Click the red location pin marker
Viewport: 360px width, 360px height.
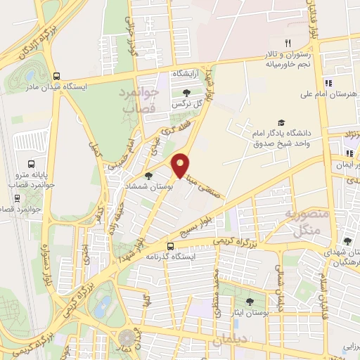pyautogui.click(x=181, y=165)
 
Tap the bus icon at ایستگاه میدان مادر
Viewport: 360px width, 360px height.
pyautogui.click(x=56, y=77)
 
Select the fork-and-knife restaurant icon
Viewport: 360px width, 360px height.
pyautogui.click(x=287, y=43)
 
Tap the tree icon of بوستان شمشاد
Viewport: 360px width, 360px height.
pyautogui.click(x=148, y=176)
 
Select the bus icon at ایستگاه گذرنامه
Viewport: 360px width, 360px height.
pyautogui.click(x=171, y=245)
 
